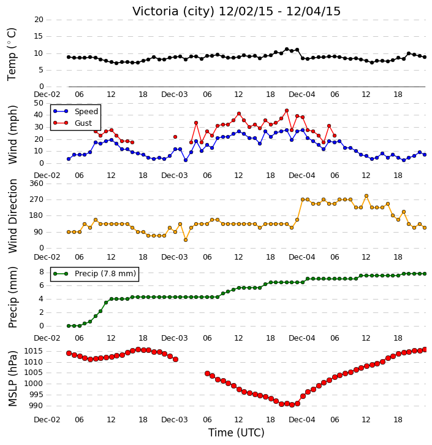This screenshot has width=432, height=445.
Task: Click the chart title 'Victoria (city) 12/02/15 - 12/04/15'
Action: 237,11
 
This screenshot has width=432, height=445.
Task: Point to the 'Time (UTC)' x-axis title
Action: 237,433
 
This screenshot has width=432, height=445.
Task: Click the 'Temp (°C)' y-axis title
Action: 12,54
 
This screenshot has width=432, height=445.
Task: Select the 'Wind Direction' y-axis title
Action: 12,216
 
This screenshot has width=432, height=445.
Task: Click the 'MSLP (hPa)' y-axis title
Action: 12,379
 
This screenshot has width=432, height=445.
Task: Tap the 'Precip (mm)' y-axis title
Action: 12,298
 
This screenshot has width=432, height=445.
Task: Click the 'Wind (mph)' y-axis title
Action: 12,134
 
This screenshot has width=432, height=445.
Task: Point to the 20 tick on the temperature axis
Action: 39,20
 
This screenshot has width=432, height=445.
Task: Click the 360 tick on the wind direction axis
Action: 37,184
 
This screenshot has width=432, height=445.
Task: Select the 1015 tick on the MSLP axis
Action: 33,351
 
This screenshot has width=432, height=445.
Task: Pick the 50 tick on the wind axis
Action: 39,103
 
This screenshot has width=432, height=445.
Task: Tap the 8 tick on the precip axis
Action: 42,272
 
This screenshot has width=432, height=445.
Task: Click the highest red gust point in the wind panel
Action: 286,110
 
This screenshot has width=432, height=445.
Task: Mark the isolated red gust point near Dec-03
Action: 175,137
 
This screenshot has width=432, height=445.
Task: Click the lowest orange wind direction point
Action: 186,240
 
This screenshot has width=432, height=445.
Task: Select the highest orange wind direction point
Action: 366,196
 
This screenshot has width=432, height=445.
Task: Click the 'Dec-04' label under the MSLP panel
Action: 302,419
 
